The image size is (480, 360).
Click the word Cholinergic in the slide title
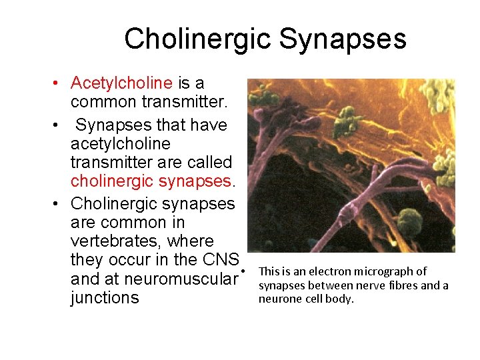197,39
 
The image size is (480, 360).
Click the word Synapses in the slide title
343,39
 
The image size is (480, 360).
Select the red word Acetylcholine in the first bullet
121,83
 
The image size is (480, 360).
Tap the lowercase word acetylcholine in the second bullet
120,144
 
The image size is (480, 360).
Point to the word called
208,163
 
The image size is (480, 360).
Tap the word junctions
105,297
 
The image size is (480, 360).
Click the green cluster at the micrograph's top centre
346,120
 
